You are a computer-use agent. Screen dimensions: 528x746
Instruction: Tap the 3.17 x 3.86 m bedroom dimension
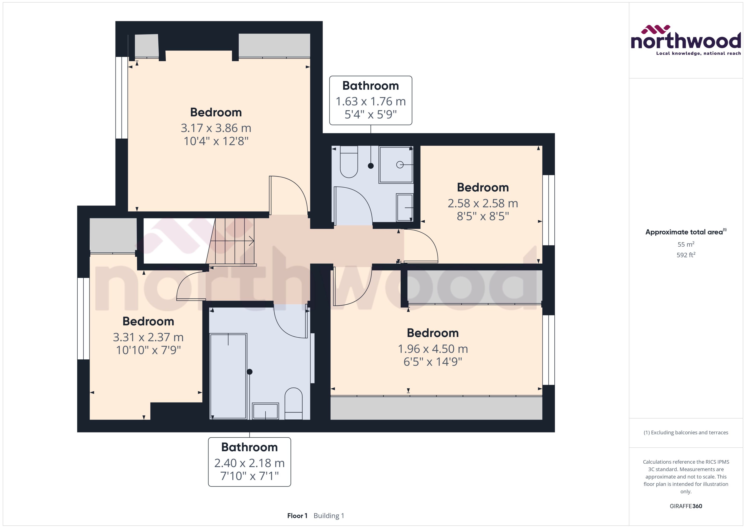pos(216,128)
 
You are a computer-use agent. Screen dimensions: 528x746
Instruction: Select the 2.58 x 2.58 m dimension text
pos(483,203)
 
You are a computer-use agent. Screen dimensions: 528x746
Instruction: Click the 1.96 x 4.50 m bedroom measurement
pos(433,349)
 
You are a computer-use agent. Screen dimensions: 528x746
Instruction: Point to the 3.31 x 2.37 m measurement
pos(148,337)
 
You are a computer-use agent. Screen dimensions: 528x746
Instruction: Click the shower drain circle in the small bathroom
pos(400,165)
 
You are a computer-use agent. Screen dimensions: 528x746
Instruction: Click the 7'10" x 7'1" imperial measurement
pos(249,476)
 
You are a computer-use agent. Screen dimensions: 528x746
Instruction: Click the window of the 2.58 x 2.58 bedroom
pos(548,210)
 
